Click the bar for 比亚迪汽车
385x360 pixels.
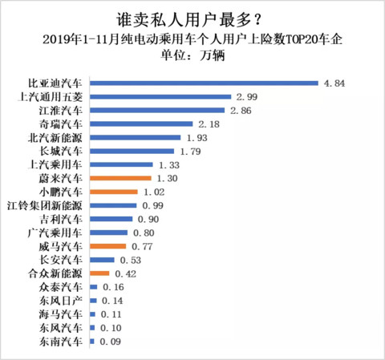coord(204,83)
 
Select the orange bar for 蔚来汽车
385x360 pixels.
coord(120,178)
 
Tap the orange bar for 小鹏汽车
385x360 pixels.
coord(114,192)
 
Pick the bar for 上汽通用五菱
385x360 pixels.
coord(160,97)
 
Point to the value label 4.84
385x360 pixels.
coord(334,83)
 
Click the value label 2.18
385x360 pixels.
coord(209,124)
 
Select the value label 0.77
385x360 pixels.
coord(142,246)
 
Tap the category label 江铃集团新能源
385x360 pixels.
coord(45,205)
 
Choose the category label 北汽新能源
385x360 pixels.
coord(55,138)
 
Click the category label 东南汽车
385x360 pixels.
coord(61,342)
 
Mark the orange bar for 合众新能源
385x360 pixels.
coord(99,273)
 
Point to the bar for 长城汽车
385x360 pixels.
coord(132,152)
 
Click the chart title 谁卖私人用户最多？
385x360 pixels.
coord(188,19)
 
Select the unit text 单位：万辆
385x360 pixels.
coord(192,55)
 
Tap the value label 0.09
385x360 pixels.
coord(110,342)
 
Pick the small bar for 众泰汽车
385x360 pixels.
coord(94,287)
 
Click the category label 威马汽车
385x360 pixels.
coord(61,246)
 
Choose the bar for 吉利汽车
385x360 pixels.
coord(111,219)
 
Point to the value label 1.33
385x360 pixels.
coord(169,165)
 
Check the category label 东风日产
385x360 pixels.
coord(61,301)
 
